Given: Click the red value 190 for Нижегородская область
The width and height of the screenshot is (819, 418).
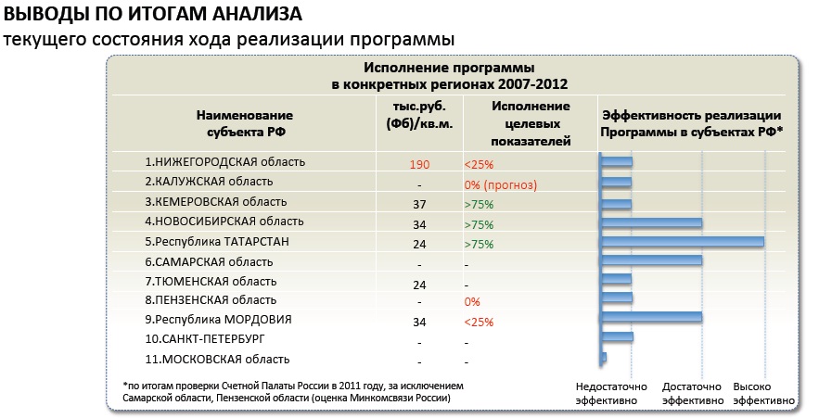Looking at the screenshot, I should tap(419, 164).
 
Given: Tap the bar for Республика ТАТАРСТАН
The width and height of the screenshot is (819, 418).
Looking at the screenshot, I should tap(682, 242).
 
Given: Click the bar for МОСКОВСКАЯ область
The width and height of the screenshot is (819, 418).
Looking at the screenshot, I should tap(604, 357).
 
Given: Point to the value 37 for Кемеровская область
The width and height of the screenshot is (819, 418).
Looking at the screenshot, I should tap(419, 204).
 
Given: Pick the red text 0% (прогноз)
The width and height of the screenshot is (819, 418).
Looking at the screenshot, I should tap(501, 184).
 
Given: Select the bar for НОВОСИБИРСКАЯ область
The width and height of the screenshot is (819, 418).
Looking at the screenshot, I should tap(651, 222).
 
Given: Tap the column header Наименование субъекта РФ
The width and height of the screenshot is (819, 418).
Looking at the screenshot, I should tap(244, 123).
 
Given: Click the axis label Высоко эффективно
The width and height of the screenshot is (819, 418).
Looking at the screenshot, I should tap(763, 393).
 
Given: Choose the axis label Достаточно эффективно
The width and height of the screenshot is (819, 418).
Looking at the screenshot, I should tap(692, 393).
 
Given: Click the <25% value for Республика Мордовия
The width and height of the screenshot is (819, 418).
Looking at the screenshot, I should tap(480, 323).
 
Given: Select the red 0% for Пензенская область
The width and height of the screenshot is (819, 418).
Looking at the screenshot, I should tap(472, 302).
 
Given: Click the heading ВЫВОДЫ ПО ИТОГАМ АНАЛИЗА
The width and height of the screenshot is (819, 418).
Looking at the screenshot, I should tap(153, 16).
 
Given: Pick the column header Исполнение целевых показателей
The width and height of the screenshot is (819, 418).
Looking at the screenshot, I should tap(531, 122).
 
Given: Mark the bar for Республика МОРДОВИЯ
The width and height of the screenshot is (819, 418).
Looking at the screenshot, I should tap(651, 317).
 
